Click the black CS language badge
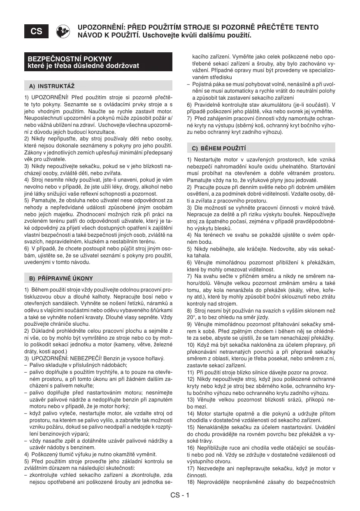tap(36, 31)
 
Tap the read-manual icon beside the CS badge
tap(63, 31)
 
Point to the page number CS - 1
tap(180, 495)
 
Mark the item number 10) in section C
tap(191, 344)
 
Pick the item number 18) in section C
tap(191, 482)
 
